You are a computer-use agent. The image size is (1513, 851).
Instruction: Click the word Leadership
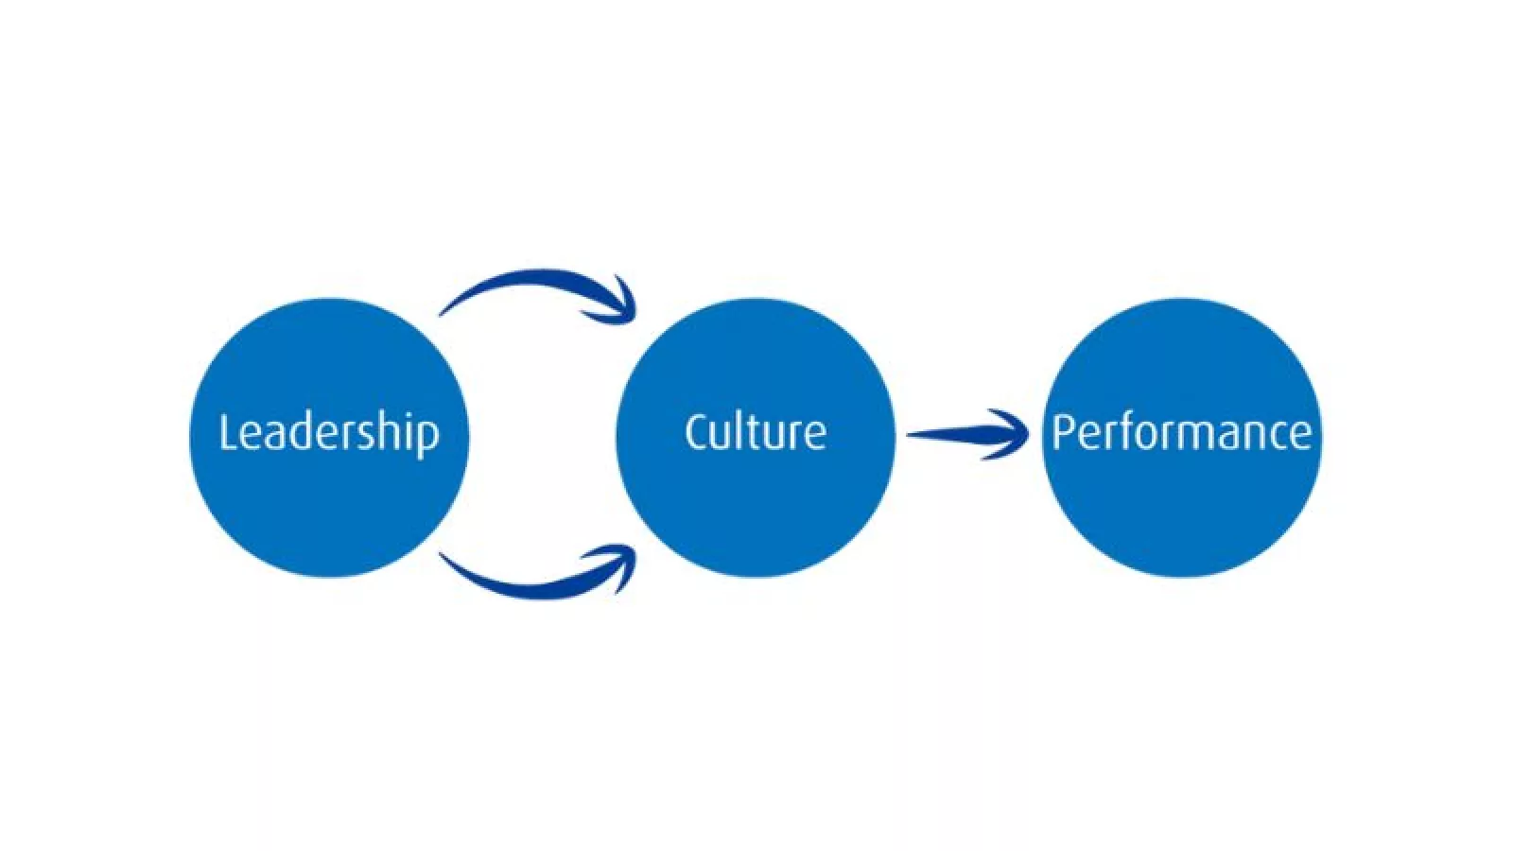[329, 433]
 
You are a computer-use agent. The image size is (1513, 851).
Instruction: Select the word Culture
[755, 432]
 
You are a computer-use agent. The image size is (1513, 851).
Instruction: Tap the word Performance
[1181, 432]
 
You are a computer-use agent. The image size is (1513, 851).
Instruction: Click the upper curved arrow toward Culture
[530, 282]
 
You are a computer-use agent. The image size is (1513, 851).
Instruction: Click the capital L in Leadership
[227, 432]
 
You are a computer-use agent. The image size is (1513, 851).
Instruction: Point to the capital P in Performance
[1063, 432]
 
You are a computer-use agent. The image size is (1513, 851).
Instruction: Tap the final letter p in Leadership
[428, 437]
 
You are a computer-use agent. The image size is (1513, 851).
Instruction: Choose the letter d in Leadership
[304, 432]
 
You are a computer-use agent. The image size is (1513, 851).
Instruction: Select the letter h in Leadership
[390, 431]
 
